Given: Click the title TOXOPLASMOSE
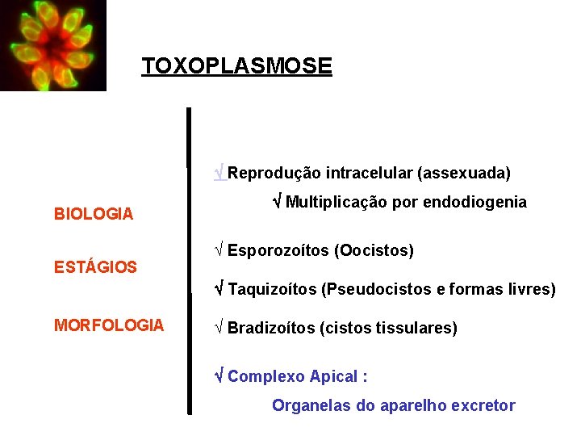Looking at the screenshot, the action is [236, 65].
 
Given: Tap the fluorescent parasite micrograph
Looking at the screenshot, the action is [53, 45].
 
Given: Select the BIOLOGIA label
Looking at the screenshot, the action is [94, 214].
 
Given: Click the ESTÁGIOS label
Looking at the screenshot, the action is [95, 266].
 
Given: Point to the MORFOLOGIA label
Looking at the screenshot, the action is [109, 325].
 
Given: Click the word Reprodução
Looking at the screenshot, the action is [274, 173].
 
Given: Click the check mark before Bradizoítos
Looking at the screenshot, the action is [219, 328].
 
